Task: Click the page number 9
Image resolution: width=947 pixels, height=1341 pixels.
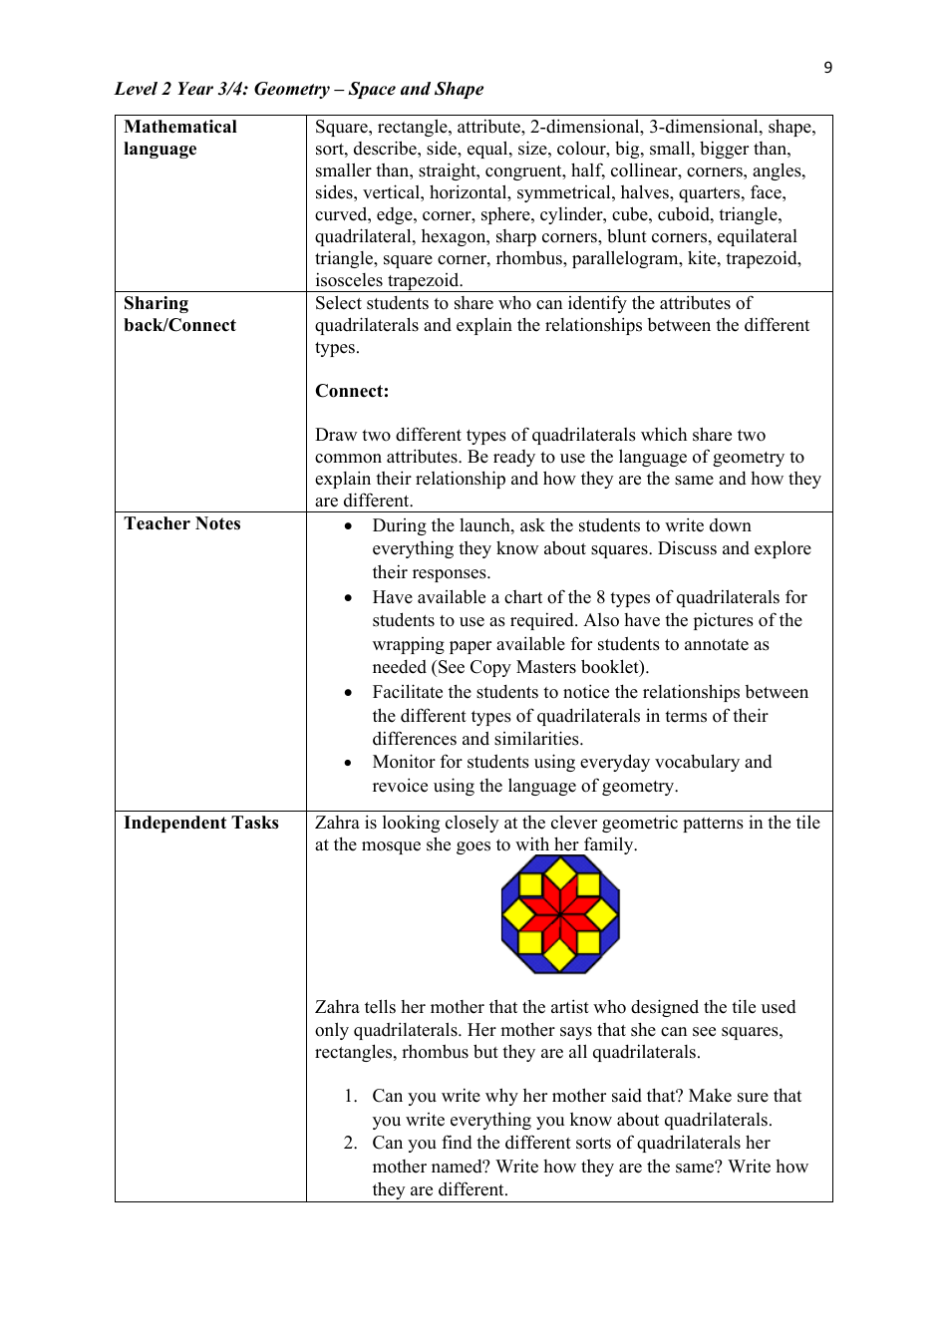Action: pos(827,67)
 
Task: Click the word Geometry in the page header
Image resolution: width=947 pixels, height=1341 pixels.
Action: pos(291,89)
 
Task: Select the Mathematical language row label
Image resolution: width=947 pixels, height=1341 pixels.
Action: pos(180,138)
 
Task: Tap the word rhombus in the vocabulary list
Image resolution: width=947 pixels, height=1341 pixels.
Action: pos(523,258)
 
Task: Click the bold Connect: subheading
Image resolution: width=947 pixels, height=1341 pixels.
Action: pos(352,391)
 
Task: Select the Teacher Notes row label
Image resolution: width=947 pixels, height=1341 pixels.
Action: pos(182,523)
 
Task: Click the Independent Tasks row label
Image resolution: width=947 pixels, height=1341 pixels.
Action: pos(201,823)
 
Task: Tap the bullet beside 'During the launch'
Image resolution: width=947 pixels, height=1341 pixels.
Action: pos(348,526)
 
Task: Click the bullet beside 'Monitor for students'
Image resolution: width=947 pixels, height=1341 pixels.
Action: pos(348,763)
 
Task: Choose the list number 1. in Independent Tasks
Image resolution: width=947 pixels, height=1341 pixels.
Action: pos(350,1096)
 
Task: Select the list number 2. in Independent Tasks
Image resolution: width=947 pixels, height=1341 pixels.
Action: pos(350,1143)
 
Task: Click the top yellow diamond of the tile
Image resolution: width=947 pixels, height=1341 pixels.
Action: pos(560,872)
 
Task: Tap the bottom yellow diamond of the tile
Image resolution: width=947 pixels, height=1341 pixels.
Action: pos(560,954)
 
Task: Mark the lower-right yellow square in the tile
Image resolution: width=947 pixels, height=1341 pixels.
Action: pos(589,942)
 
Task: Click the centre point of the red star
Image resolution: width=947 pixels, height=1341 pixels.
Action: pos(560,913)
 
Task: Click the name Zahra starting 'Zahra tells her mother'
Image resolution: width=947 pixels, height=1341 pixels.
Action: pos(338,1007)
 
